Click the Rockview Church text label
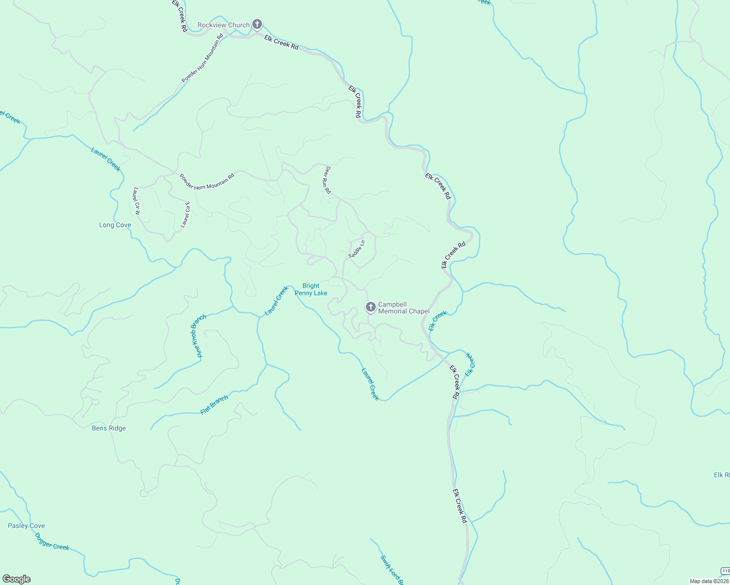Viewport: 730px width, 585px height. pyautogui.click(x=223, y=25)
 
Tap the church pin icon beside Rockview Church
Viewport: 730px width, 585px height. pyautogui.click(x=257, y=24)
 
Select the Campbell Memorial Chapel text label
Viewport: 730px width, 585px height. pyautogui.click(x=404, y=308)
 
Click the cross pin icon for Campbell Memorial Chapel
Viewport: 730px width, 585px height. pyautogui.click(x=370, y=307)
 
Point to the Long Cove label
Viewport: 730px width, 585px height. pyautogui.click(x=115, y=225)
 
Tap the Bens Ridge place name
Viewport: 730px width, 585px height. pyautogui.click(x=109, y=428)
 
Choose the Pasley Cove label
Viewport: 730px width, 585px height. pyautogui.click(x=26, y=526)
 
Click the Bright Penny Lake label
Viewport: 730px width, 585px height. pyautogui.click(x=311, y=290)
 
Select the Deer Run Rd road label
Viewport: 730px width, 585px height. pyautogui.click(x=327, y=180)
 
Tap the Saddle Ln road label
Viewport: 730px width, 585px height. pyautogui.click(x=357, y=249)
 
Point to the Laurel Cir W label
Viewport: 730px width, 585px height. pyautogui.click(x=137, y=201)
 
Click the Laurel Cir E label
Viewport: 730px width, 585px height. pyautogui.click(x=185, y=214)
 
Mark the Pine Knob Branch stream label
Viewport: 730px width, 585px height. pyautogui.click(x=199, y=336)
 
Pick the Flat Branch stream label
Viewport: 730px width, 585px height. pyautogui.click(x=214, y=405)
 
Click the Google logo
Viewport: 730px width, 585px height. pyautogui.click(x=17, y=579)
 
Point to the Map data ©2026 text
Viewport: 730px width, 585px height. pyautogui.click(x=709, y=581)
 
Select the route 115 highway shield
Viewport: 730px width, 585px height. pyautogui.click(x=725, y=571)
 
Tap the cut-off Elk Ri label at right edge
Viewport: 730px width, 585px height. pyautogui.click(x=721, y=475)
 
